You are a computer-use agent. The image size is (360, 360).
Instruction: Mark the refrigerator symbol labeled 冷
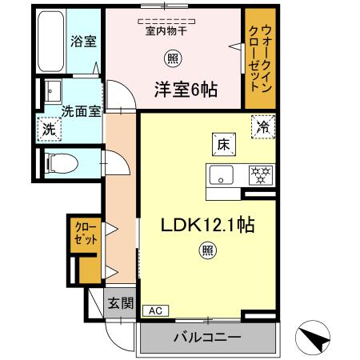tap(262, 126)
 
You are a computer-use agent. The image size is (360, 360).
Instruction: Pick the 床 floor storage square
tap(222, 144)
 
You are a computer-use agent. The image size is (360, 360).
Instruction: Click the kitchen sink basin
tap(220, 174)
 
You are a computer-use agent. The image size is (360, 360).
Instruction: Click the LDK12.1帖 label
tap(210, 226)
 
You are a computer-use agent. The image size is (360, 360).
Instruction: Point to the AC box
tap(154, 310)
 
